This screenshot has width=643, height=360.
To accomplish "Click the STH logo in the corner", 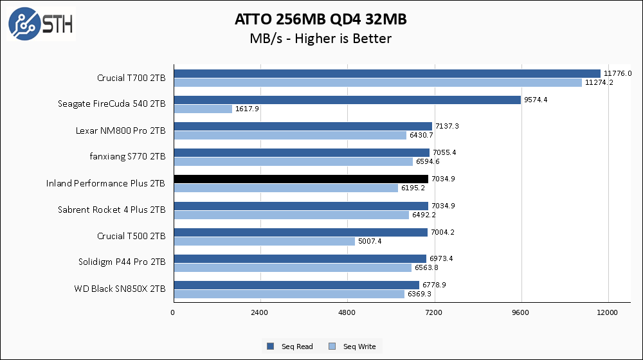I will pos(41,24).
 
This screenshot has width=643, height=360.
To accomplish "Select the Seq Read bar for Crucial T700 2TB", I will pos(386,73).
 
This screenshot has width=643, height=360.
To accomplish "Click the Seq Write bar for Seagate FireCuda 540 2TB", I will pos(203,109).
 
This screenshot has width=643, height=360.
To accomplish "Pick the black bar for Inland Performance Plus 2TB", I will pos(300,179).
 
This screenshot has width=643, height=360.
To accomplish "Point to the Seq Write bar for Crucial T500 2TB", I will pos(264,241).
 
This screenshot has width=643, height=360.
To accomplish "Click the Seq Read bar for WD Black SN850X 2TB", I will pos(296,285).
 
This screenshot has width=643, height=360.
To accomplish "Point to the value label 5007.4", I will pos(370,241).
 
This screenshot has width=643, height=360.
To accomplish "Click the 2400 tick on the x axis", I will pos(260,312).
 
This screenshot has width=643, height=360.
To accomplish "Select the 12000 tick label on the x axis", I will pos(608,312).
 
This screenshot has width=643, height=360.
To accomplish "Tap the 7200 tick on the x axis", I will pos(434,312).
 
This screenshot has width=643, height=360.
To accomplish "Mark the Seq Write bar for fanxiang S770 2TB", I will pos(293,161).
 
